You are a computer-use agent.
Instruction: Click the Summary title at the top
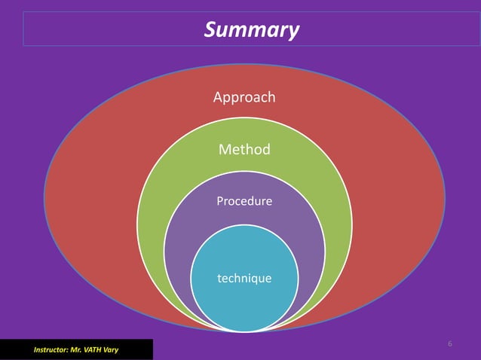[x=252, y=30]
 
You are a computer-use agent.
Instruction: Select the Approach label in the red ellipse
[x=244, y=97]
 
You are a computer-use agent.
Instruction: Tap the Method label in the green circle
[x=244, y=150]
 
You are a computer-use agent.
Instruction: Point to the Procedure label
[x=244, y=202]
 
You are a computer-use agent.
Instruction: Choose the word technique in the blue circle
[x=244, y=279]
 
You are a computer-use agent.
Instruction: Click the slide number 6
[x=450, y=344]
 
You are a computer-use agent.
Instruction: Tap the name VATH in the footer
[x=92, y=350]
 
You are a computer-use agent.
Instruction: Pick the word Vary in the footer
[x=110, y=350]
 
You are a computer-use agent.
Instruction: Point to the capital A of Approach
[x=218, y=97]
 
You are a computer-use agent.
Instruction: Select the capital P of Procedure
[x=219, y=202]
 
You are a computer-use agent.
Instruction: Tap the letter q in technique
[x=257, y=279]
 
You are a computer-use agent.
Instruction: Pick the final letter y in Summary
[x=293, y=32]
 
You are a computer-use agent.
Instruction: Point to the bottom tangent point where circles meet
[x=244, y=331]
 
